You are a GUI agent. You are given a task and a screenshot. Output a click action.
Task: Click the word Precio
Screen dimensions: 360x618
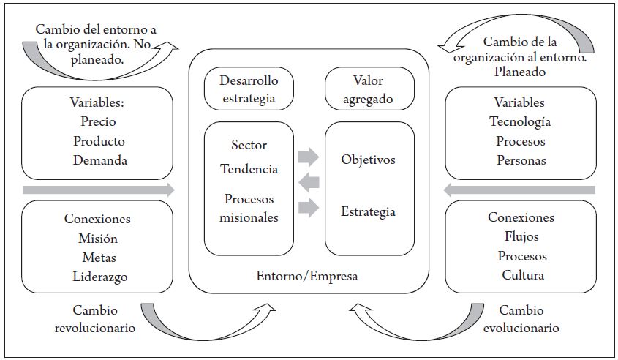pyautogui.click(x=99, y=122)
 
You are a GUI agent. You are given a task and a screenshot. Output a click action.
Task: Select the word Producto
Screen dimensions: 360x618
pyautogui.click(x=99, y=141)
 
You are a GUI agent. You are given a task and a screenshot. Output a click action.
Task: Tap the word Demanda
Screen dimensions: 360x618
pyautogui.click(x=99, y=160)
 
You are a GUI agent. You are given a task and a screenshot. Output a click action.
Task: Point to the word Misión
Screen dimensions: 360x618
pyautogui.click(x=99, y=238)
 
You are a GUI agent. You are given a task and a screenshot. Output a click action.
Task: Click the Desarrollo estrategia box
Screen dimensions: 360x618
pyautogui.click(x=249, y=89)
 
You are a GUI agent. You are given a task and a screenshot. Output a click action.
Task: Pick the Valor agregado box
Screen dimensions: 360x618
pyautogui.click(x=369, y=89)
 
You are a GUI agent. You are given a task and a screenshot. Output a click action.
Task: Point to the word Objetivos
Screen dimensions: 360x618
pyautogui.click(x=368, y=159)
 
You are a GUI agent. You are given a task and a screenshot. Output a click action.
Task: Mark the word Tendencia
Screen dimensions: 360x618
pyautogui.click(x=249, y=169)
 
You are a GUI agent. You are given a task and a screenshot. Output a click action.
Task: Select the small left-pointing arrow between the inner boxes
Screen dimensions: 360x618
pyautogui.click(x=309, y=181)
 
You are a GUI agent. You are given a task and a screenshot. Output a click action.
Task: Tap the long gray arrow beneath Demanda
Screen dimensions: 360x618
pyautogui.click(x=99, y=190)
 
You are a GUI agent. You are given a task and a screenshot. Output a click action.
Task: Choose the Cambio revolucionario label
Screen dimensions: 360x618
pyautogui.click(x=95, y=319)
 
